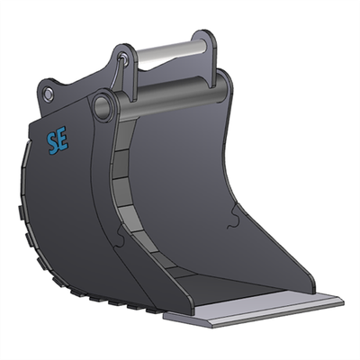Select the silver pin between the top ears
point(166,53)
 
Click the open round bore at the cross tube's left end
point(103,105)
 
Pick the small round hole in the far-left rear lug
point(49,94)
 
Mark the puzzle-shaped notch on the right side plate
point(236,216)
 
